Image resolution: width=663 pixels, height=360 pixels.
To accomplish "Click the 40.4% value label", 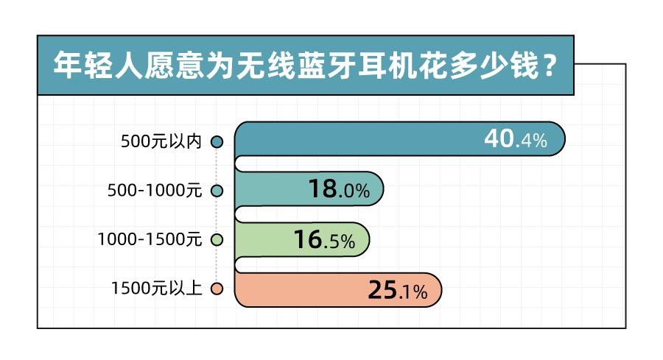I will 516,140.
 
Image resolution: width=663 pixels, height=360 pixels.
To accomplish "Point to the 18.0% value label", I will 339,190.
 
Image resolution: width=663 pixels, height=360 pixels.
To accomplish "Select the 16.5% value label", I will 324,240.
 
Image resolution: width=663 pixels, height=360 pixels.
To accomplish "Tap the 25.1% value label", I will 397,291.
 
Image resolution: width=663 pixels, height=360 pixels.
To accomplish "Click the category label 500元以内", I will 161,141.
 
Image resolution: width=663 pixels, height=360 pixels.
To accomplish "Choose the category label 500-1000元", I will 154,191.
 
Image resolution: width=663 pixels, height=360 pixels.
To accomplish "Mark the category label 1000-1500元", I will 150,240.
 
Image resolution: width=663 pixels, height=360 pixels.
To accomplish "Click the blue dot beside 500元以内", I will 217,141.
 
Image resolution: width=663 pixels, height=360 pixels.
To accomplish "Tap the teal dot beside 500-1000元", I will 217,191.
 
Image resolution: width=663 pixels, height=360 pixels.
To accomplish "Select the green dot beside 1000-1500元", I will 217,240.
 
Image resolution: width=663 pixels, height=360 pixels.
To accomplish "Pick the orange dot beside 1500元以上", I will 217,289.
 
